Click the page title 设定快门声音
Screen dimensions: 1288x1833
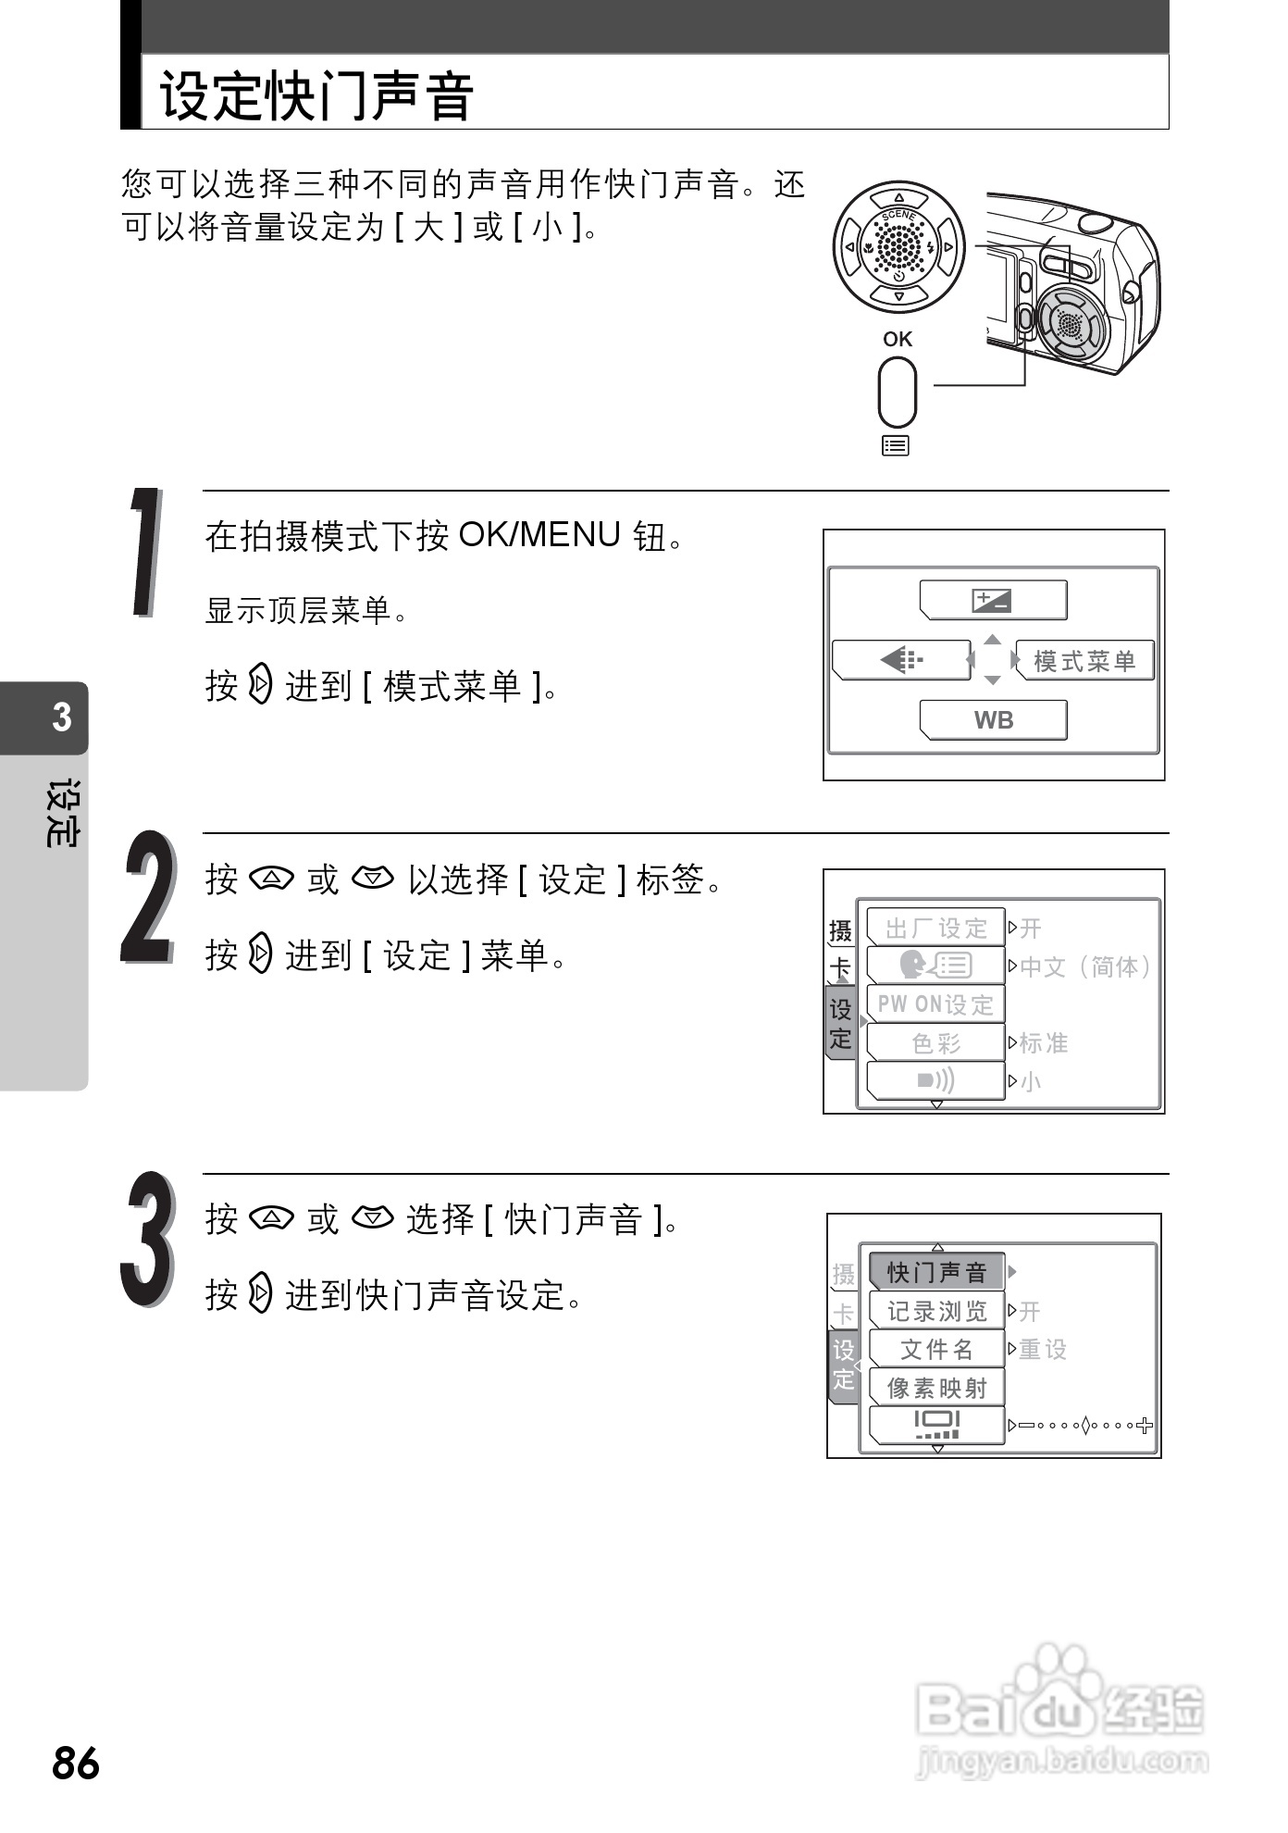coord(316,95)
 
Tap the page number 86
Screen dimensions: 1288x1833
coord(76,1764)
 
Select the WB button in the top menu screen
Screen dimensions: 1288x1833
coord(993,720)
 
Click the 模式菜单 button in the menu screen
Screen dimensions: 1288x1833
coord(1084,661)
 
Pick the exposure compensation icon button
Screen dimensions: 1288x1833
coord(993,601)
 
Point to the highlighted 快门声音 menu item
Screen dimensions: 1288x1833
coord(936,1272)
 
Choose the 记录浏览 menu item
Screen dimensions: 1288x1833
coord(936,1311)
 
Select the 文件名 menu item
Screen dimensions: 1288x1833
coord(936,1350)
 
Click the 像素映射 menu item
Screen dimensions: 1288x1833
coord(936,1388)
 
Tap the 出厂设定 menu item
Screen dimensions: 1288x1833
coord(935,928)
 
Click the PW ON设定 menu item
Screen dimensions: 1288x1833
coord(935,1004)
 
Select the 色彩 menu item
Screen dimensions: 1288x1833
coord(935,1043)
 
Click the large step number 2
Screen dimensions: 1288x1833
coord(148,897)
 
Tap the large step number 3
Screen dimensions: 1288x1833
coord(148,1240)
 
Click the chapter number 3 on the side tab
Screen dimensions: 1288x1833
coord(61,717)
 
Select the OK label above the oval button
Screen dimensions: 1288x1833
coord(897,339)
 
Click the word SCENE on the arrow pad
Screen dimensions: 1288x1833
coord(898,216)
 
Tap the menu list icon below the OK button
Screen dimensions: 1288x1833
coord(896,446)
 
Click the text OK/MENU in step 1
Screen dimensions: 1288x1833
coord(539,535)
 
